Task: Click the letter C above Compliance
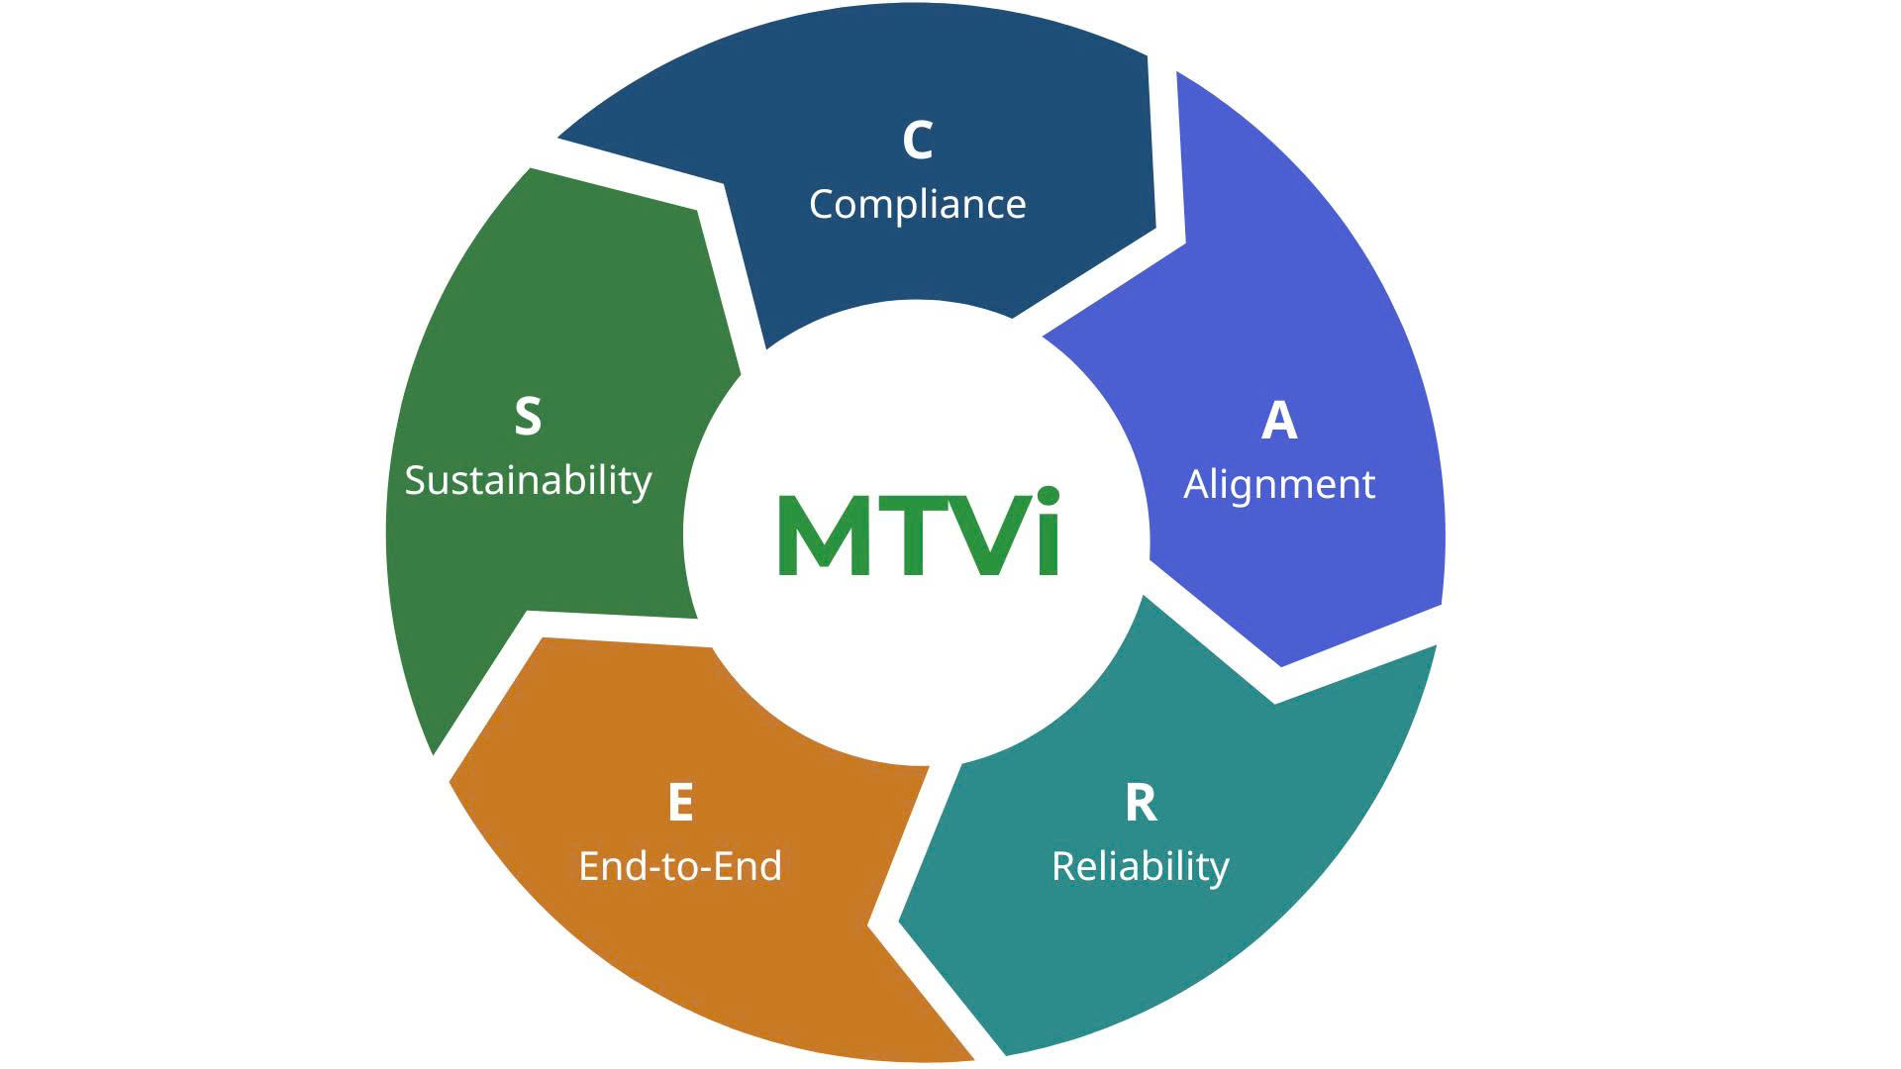(917, 141)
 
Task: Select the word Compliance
(917, 205)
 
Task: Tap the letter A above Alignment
(1279, 421)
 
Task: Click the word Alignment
(1279, 485)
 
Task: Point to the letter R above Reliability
(1141, 804)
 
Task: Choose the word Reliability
(1140, 867)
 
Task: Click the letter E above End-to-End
(680, 804)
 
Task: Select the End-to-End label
(680, 867)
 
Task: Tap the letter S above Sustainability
(528, 417)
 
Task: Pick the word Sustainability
(528, 481)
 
